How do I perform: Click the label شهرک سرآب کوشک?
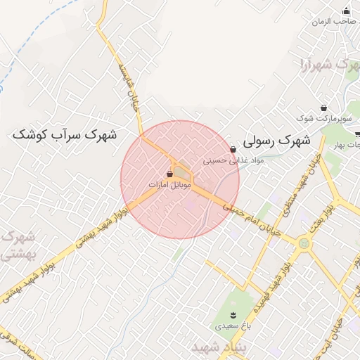(x=65, y=134)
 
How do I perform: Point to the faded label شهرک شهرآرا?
(x=324, y=65)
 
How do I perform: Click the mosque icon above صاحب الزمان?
(x=346, y=11)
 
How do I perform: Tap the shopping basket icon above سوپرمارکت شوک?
(x=323, y=108)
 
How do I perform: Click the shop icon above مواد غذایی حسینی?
(x=233, y=149)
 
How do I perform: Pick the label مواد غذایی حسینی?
(x=233, y=160)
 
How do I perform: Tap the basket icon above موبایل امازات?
(x=170, y=173)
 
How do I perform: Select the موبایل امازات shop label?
(x=169, y=184)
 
